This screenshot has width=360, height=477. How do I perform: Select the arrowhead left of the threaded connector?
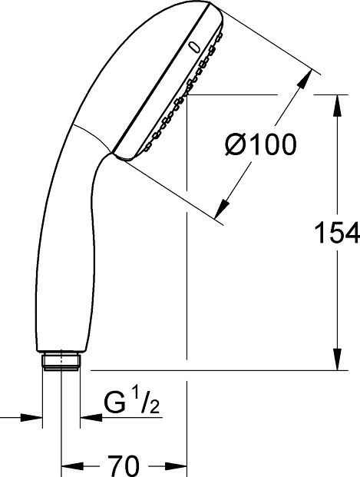(33, 419)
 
